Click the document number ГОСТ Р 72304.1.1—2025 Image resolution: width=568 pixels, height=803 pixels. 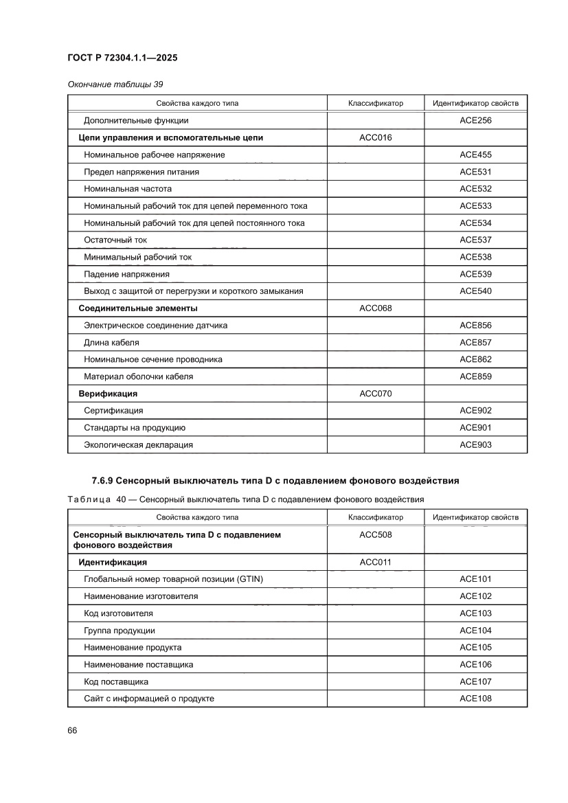click(x=122, y=58)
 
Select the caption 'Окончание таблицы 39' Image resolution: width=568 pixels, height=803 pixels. click(x=115, y=84)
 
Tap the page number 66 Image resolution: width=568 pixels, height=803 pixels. click(x=72, y=730)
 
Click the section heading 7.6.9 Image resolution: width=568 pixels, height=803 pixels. click(x=275, y=480)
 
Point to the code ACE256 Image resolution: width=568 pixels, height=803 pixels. click(x=475, y=121)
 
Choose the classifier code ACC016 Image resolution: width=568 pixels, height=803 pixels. click(x=375, y=138)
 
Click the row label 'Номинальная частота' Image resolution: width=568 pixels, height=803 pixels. click(x=128, y=189)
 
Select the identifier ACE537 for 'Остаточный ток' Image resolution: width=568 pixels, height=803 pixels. click(x=475, y=240)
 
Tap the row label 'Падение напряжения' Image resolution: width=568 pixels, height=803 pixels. click(x=126, y=274)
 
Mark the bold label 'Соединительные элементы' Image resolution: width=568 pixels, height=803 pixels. click(x=138, y=308)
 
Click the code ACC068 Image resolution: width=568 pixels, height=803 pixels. click(x=375, y=308)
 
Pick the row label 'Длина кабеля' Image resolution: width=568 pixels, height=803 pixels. click(x=111, y=343)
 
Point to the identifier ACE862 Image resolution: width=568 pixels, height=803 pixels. click(x=475, y=359)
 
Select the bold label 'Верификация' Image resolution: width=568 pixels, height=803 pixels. click(x=108, y=394)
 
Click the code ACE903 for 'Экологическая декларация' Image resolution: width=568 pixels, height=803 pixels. click(x=475, y=445)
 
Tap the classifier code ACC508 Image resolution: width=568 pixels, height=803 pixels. click(x=375, y=535)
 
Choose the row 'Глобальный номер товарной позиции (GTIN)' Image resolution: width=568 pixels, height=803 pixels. click(x=173, y=579)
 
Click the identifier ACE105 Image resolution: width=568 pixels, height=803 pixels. click(x=475, y=647)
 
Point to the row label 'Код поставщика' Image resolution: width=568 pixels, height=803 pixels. click(x=116, y=681)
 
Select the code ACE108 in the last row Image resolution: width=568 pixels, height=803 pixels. click(x=475, y=699)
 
